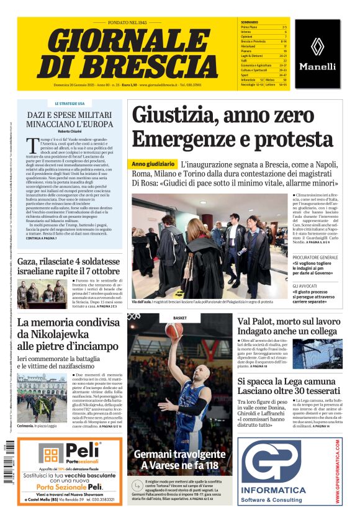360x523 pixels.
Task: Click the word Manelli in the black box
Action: point(317,66)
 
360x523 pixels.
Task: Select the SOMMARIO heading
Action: point(250,22)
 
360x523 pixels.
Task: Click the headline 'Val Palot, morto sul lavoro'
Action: point(289,322)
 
